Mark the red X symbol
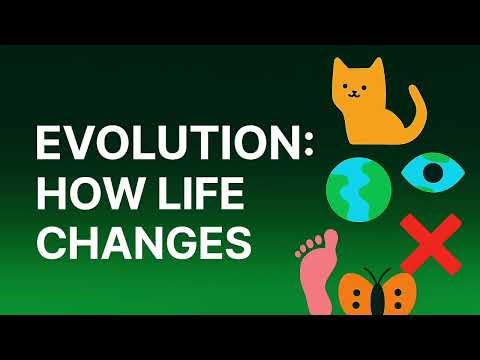[x=424, y=246]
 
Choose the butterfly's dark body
[x=377, y=292]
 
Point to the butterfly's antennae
[x=377, y=270]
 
